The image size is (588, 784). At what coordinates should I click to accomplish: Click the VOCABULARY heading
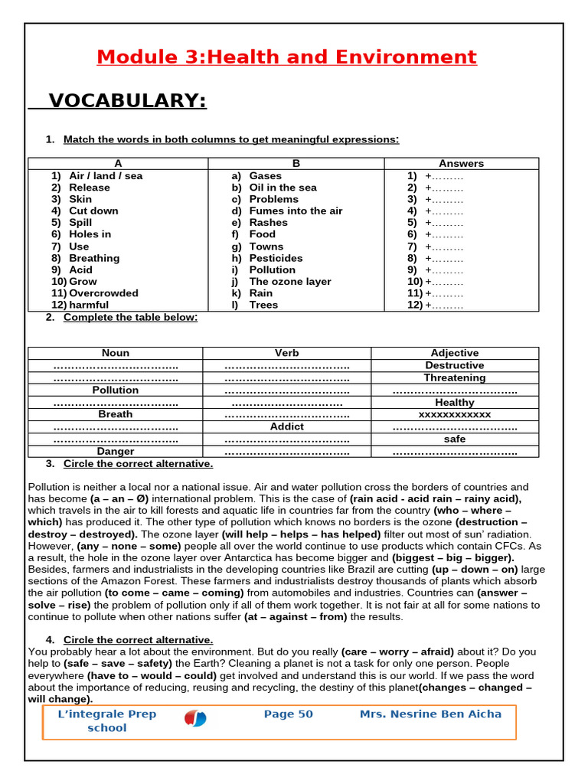127,101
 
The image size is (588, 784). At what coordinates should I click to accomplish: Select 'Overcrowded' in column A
103,293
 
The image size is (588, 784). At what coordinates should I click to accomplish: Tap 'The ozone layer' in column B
290,282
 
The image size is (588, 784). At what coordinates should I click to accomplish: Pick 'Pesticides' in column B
276,258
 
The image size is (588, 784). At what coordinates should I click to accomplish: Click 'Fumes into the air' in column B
296,211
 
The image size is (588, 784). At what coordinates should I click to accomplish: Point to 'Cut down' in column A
93,211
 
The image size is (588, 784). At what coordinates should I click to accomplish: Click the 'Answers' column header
461,163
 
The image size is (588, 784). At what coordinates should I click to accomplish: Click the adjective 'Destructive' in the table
455,365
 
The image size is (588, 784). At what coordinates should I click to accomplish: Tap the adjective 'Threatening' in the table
455,377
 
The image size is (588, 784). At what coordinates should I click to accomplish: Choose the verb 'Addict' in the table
287,426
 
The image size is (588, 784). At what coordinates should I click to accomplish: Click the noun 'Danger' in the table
116,452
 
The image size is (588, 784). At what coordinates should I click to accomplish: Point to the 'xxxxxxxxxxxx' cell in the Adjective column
455,414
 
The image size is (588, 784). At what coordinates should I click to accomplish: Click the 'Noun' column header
116,353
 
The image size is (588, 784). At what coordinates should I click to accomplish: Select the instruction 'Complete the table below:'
130,317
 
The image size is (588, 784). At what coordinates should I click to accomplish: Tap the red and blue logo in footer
195,719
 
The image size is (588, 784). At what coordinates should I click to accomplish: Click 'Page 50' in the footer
288,714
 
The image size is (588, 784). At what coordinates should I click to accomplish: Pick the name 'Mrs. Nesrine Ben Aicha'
430,714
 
